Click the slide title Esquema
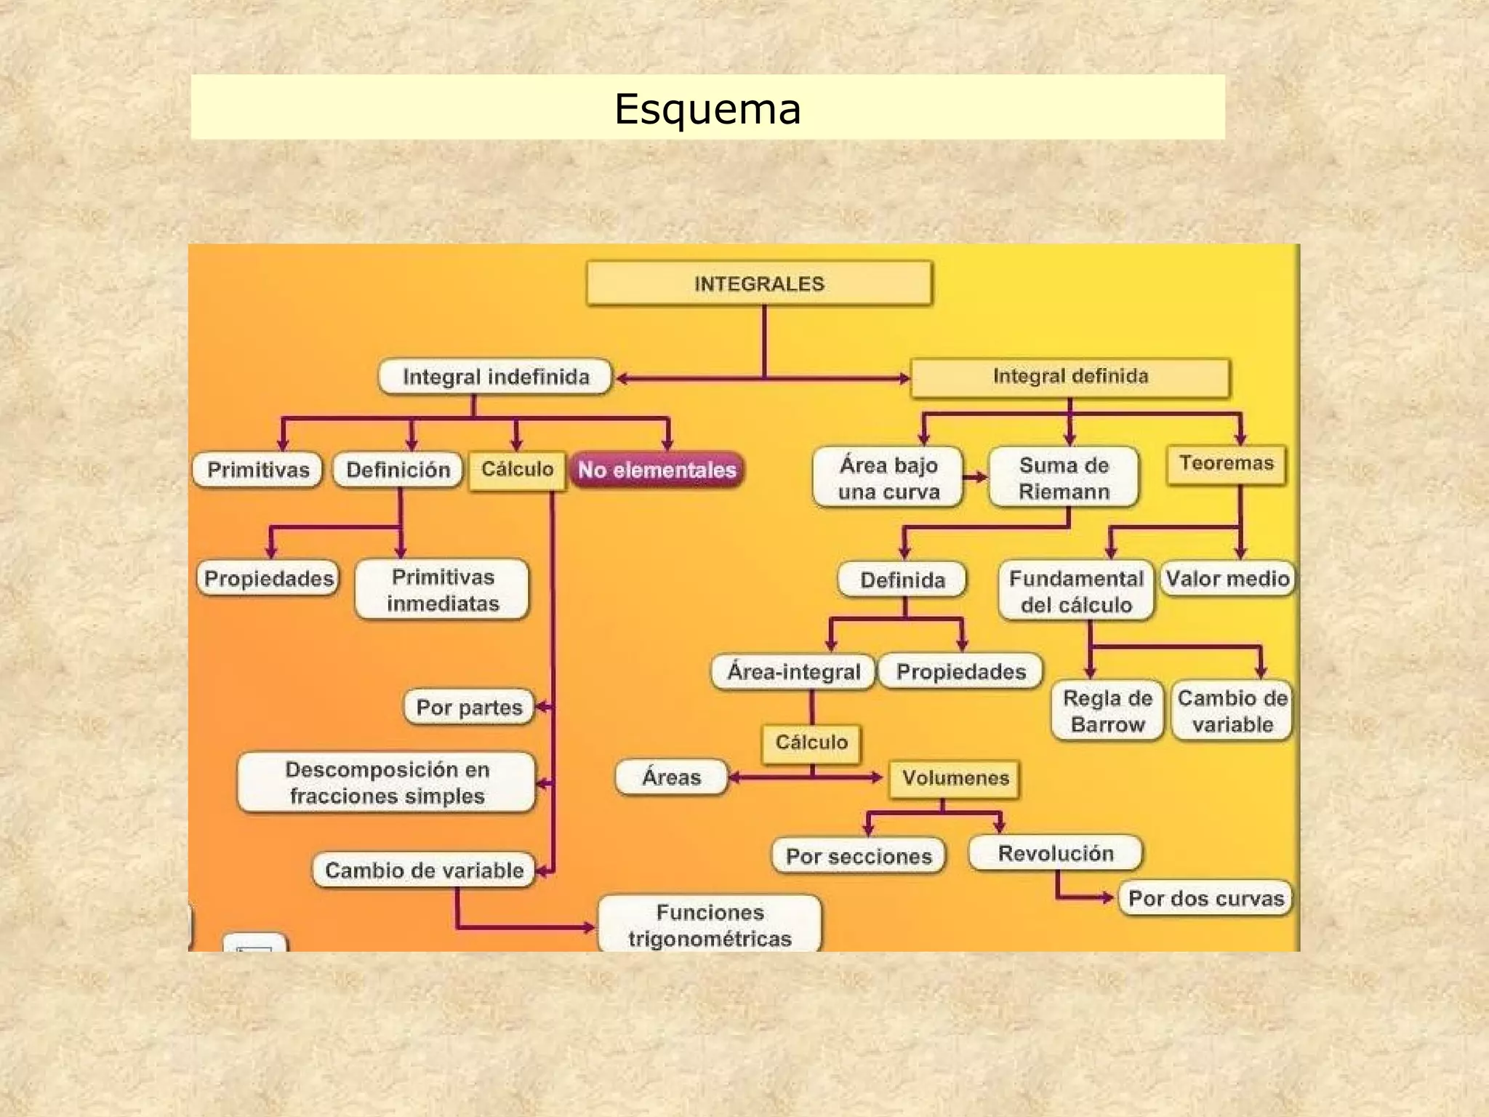tap(707, 109)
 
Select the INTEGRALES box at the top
tap(759, 284)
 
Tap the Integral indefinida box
tap(495, 377)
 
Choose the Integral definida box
tap(1070, 377)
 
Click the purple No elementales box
tap(657, 470)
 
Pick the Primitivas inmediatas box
tap(443, 590)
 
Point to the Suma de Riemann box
tap(1064, 478)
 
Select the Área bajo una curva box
tap(888, 478)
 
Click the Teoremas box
tap(1226, 463)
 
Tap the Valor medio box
tap(1227, 579)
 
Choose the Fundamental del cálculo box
tap(1076, 591)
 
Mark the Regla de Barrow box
tap(1107, 711)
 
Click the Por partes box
tap(469, 707)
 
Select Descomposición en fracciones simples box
tap(387, 782)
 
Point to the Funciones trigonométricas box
tap(710, 925)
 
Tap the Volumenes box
tap(955, 778)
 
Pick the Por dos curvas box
tap(1205, 898)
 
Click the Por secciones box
tap(859, 856)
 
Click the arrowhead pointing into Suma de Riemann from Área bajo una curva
tap(982, 477)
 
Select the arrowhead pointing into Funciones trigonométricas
tap(590, 927)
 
